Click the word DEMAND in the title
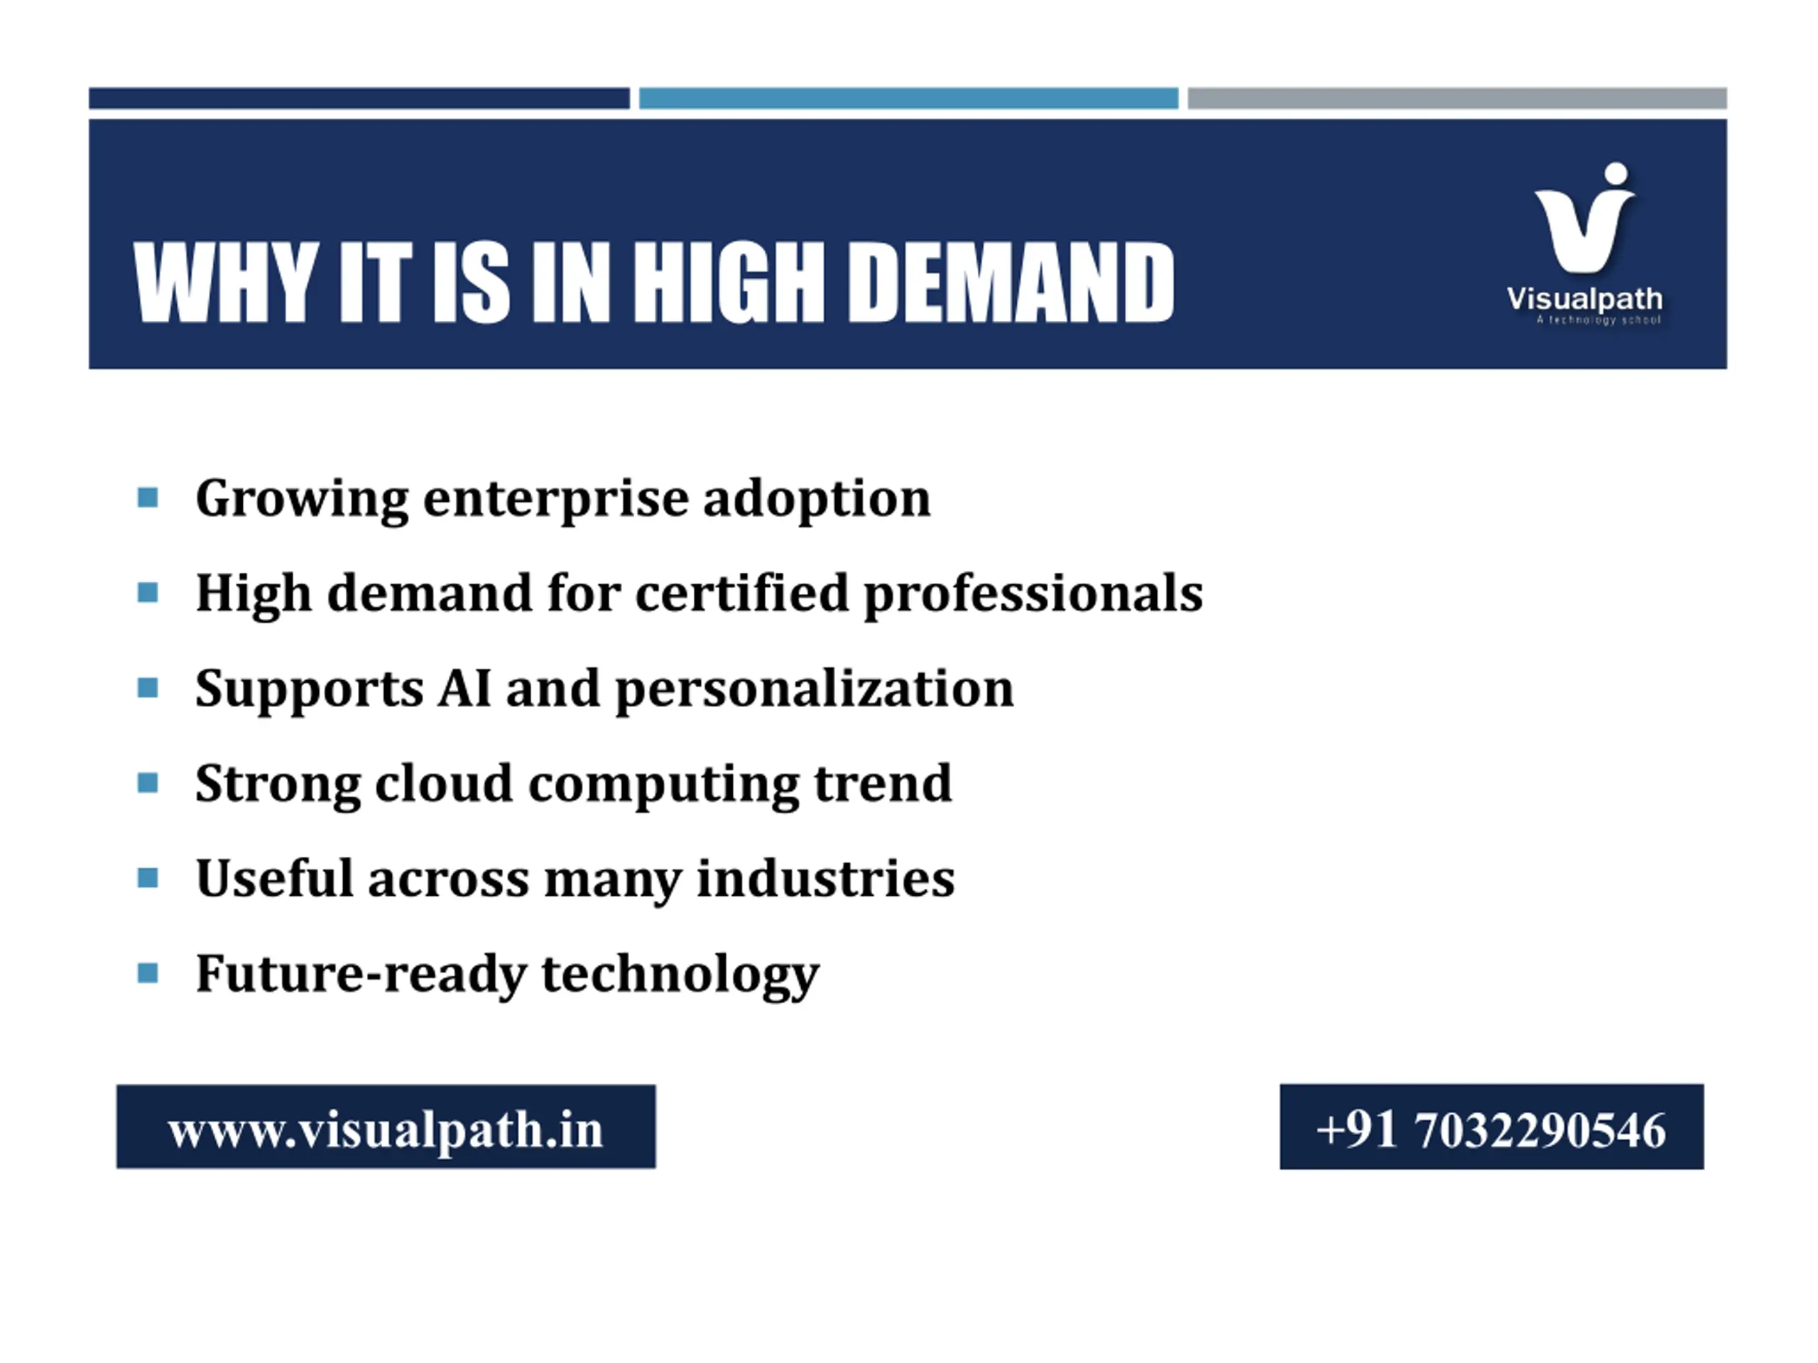point(1011,282)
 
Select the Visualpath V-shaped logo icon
point(1584,217)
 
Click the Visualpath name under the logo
point(1584,298)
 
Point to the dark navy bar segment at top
point(359,98)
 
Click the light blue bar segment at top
point(908,98)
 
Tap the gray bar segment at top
point(1457,98)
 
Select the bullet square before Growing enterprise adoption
point(148,498)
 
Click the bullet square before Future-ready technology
point(148,973)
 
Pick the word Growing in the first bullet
point(302,500)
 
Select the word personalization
point(815,690)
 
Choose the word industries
point(825,878)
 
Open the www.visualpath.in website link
point(386,1129)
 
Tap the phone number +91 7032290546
point(1491,1129)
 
